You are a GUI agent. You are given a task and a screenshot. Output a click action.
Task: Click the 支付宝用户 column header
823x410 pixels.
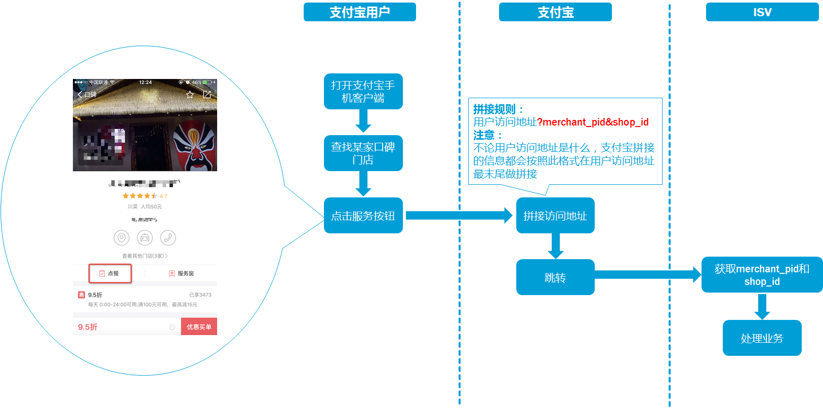pos(359,12)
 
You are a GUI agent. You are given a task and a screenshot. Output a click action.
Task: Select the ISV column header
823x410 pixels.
pos(762,12)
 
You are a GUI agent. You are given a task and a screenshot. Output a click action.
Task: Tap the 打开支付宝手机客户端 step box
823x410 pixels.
pos(363,92)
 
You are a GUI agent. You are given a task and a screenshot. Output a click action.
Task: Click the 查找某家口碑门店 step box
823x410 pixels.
pos(363,153)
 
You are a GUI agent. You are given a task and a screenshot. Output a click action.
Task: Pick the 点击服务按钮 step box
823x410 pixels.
pos(363,216)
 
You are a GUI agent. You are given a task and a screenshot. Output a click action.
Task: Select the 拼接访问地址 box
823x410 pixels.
pos(555,216)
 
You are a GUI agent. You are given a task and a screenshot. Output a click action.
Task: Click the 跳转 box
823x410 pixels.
pos(555,277)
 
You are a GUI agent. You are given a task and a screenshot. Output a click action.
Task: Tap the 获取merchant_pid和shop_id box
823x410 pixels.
pos(762,275)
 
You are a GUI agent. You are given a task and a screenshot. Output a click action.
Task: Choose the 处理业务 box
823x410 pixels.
pos(762,338)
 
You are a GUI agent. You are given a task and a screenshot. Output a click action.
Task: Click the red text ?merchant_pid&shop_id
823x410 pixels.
pos(593,122)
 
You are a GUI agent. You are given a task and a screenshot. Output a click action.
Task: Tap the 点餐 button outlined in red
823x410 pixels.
pos(110,273)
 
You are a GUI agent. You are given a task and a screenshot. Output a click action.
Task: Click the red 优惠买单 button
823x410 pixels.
pos(199,327)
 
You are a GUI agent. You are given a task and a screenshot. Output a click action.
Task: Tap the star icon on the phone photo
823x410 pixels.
pos(190,95)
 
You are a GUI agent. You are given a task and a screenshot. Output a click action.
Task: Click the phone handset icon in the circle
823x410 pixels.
pos(168,237)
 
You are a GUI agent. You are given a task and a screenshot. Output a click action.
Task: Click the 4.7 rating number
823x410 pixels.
pos(163,196)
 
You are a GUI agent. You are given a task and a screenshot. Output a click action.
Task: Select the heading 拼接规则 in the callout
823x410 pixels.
pos(495,109)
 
